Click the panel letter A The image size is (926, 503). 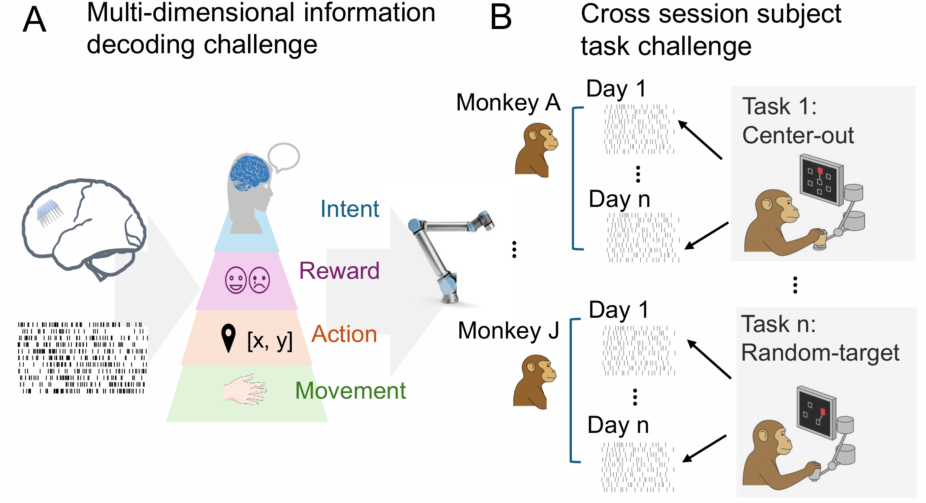point(34,20)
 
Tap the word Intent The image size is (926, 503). point(349,209)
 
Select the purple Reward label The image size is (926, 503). point(339,271)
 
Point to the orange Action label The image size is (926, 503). point(344,334)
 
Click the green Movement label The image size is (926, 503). point(350,390)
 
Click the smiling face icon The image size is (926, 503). point(236,280)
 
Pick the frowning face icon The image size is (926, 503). point(259,280)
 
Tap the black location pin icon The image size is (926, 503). point(228,338)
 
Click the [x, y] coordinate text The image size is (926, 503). point(270,341)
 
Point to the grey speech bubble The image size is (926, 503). point(284,157)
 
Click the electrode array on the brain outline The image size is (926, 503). point(49,212)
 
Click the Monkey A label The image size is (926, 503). point(508,103)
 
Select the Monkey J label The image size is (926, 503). point(508,331)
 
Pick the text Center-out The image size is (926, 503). point(797,135)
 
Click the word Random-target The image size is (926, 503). point(820,353)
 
